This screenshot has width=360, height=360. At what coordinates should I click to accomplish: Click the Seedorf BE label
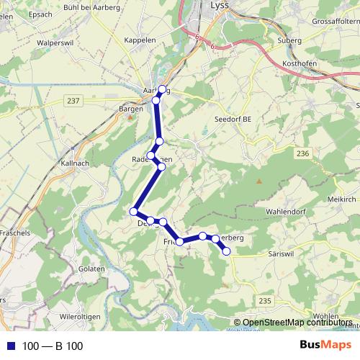pyautogui.click(x=233, y=119)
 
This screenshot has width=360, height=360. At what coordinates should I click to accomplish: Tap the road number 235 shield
pyautogui.click(x=265, y=300)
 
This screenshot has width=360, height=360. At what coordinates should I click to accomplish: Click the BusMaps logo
pyautogui.click(x=325, y=346)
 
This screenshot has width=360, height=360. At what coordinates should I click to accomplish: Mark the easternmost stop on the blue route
pyautogui.click(x=226, y=251)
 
